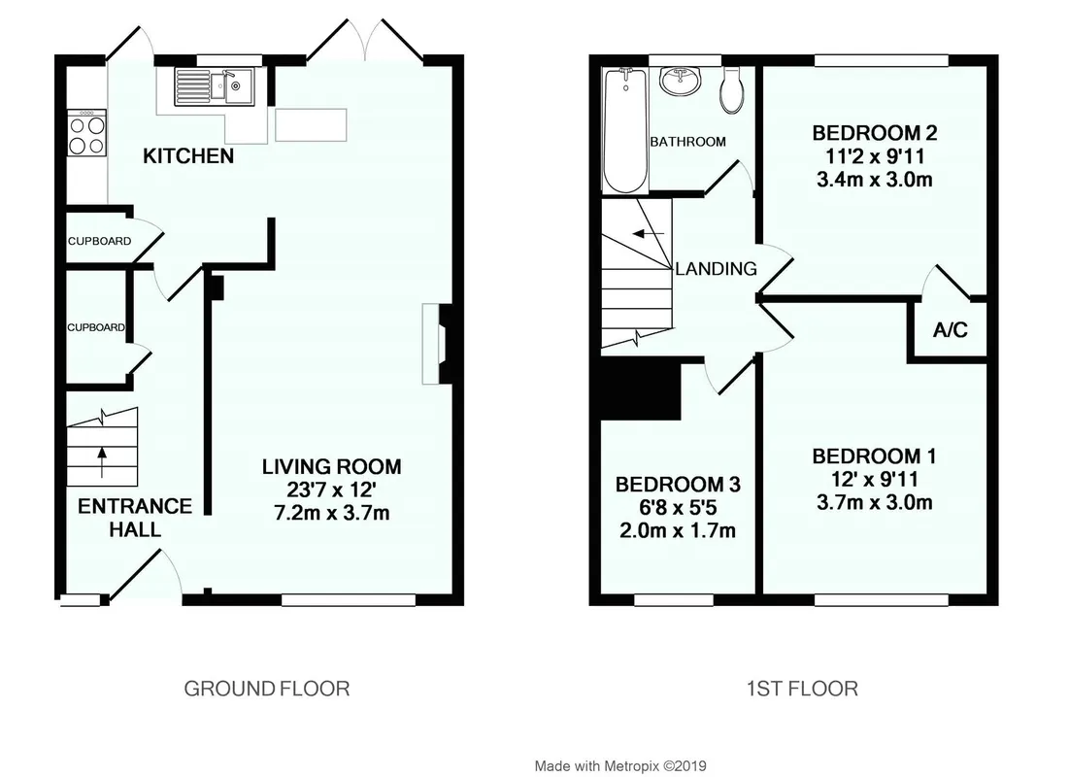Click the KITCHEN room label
[x=188, y=156]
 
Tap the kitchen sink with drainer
[x=214, y=86]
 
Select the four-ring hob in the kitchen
[x=86, y=132]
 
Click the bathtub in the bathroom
[x=625, y=130]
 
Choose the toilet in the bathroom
[x=731, y=90]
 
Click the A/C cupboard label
[x=951, y=330]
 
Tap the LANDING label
[x=716, y=269]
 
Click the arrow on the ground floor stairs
[x=102, y=462]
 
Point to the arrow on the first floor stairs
[x=649, y=234]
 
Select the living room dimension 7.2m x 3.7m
[x=332, y=513]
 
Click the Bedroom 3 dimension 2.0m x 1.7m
[x=678, y=530]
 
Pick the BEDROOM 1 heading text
[x=874, y=456]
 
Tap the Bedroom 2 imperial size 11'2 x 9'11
[x=875, y=156]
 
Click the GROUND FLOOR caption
[x=267, y=689]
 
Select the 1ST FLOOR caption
[x=802, y=689]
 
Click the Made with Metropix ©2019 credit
[x=620, y=766]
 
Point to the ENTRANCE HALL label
[x=135, y=518]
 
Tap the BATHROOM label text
[x=687, y=142]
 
